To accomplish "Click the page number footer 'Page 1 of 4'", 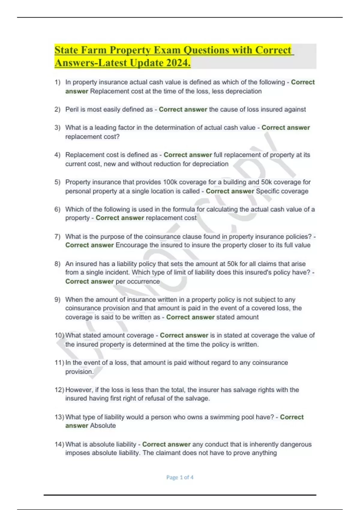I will click(180, 477).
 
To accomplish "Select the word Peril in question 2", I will click(72, 109).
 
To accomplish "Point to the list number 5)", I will click(57, 182).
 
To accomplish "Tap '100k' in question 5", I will click(170, 182).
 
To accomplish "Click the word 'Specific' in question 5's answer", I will click(268, 191).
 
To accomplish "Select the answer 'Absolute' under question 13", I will click(103, 425).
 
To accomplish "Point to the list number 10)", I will click(59, 335).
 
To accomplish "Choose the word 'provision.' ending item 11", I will click(79, 371).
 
